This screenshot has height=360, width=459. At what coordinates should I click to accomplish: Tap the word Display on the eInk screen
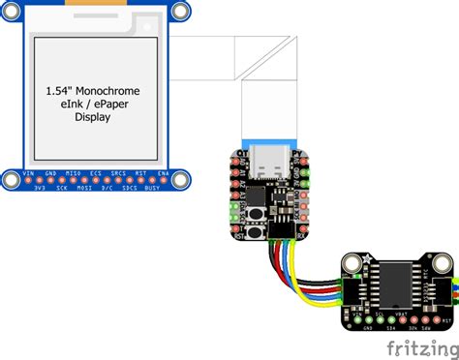(93, 117)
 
